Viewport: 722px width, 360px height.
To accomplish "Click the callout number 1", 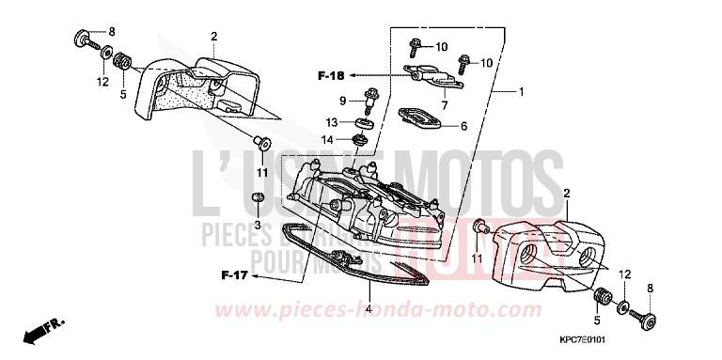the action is click(x=521, y=93).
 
